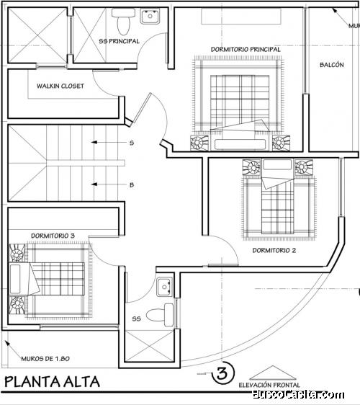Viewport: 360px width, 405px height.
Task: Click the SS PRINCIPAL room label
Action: [x=120, y=41]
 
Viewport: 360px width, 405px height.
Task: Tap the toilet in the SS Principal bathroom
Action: [x=123, y=21]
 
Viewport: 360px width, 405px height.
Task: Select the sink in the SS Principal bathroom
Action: [x=150, y=16]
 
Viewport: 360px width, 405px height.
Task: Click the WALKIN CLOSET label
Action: [x=60, y=86]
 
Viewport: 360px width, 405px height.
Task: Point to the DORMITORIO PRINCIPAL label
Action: [x=246, y=49]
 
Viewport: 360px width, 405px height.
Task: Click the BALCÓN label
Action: [x=332, y=65]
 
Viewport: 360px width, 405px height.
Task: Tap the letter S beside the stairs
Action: [x=132, y=143]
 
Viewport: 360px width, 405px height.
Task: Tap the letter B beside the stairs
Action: [x=132, y=185]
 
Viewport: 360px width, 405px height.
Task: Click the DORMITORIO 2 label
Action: [x=274, y=250]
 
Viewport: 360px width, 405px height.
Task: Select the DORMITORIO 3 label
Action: [x=53, y=236]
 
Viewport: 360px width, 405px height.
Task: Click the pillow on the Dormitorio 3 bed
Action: [x=15, y=279]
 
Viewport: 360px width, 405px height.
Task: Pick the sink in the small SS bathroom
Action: [x=165, y=287]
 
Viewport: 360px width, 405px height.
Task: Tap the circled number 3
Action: [x=223, y=373]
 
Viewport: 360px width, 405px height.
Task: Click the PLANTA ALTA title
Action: [x=52, y=382]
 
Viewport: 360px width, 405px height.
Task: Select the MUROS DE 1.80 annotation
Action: [x=45, y=359]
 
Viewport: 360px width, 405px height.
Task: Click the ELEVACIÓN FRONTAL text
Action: [x=269, y=385]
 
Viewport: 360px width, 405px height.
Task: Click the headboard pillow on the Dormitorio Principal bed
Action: [x=240, y=144]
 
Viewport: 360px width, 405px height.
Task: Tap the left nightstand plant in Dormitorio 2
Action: [x=251, y=167]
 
